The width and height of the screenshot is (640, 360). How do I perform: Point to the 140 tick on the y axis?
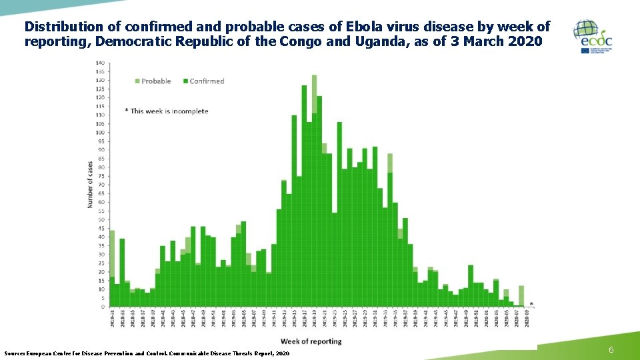point(99,63)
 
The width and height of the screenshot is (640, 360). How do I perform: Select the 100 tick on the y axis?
point(99,133)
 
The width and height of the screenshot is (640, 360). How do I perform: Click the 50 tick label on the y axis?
point(101,219)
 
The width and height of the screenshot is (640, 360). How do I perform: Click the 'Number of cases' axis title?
point(90,184)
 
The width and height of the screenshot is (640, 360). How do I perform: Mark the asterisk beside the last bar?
point(531,305)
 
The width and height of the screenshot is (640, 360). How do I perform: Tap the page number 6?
point(611,351)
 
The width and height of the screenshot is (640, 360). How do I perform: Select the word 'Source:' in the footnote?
point(15,353)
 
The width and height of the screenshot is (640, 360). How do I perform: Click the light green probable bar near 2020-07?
point(521,295)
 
